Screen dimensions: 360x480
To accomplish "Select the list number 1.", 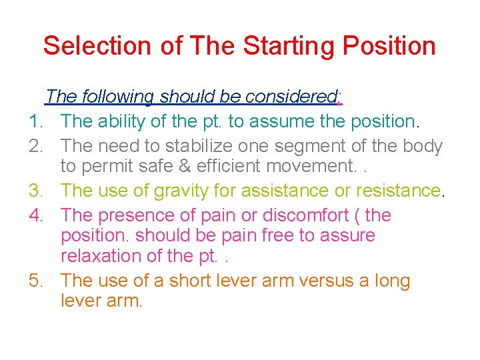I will click(x=35, y=121).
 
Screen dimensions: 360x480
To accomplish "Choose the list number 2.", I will click(x=35, y=146).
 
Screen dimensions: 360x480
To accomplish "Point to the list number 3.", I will click(x=35, y=191).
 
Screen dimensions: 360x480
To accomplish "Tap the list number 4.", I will click(x=35, y=215).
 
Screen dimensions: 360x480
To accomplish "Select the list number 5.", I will click(x=35, y=281).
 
